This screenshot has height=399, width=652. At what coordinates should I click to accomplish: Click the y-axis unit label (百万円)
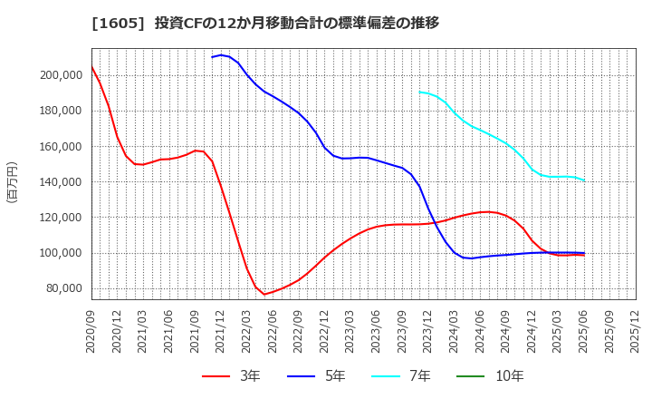(12, 181)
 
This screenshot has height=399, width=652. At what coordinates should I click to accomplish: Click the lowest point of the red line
(264, 295)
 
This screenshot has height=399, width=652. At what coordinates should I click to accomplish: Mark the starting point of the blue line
(212, 57)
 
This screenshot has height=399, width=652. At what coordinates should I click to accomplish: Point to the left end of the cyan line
(420, 92)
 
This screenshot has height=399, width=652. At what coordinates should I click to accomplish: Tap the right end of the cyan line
(584, 180)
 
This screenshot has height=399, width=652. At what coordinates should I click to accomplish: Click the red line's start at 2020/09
(91, 66)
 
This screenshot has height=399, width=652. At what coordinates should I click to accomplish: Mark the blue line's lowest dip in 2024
(471, 258)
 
